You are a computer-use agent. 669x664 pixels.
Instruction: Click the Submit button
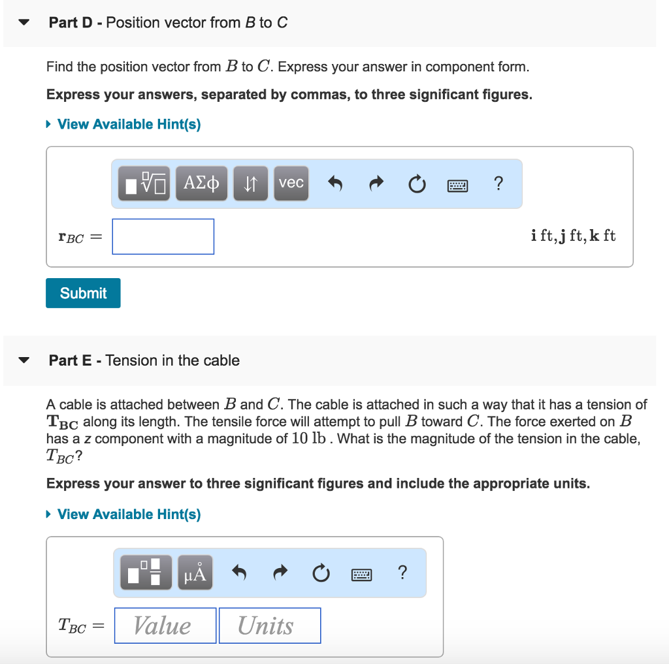83,293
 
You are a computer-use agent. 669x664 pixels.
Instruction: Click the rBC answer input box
163,236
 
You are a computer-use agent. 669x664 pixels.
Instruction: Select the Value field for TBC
165,625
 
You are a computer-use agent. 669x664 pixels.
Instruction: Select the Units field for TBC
269,625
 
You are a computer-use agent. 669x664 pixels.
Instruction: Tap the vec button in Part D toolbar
291,183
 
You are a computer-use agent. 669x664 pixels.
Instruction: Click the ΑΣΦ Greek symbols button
201,183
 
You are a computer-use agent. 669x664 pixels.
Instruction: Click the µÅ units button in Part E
195,573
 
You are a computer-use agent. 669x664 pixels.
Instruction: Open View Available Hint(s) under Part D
129,124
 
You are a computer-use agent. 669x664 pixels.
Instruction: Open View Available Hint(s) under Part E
129,514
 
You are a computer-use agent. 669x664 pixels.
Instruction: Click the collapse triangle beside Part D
24,23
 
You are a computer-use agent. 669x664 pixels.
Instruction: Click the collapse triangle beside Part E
24,360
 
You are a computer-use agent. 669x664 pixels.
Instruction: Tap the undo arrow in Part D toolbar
334,184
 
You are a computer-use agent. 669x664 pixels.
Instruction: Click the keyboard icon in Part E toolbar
361,574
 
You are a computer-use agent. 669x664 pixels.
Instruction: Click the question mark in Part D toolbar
498,183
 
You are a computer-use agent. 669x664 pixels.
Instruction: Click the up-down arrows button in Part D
250,183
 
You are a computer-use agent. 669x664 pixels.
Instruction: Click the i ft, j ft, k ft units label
573,236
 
